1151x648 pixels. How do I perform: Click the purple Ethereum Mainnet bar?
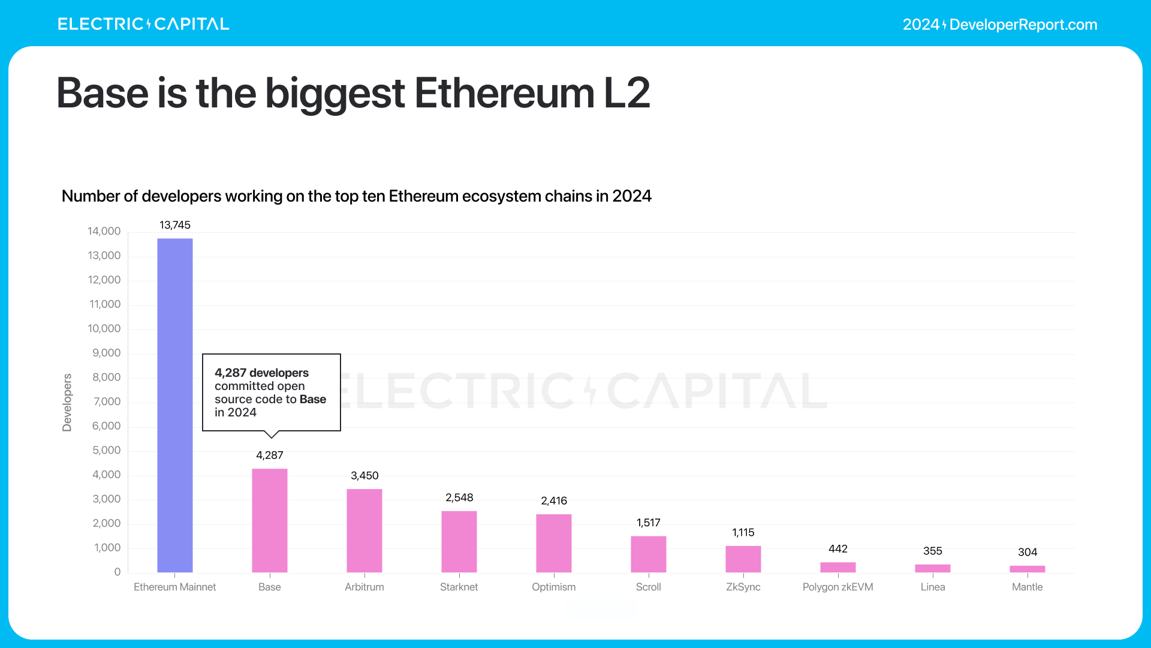(x=174, y=405)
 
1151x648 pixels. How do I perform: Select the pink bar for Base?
(x=269, y=520)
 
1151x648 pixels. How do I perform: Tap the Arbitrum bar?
(x=364, y=530)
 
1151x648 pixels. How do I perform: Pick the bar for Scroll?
(x=648, y=554)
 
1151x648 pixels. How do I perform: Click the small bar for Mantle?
(x=1027, y=569)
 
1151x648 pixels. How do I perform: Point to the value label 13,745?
(x=174, y=225)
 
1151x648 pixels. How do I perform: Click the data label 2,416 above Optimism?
(x=553, y=500)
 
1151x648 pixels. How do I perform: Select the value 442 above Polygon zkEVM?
(x=837, y=548)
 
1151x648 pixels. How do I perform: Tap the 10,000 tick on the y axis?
(x=104, y=328)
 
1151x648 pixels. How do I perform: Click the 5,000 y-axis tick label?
(x=106, y=450)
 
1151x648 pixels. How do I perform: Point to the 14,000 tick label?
(x=104, y=231)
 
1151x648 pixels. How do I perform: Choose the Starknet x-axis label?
(x=459, y=587)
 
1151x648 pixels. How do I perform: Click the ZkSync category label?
(x=743, y=587)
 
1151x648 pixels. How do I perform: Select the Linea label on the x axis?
(x=932, y=587)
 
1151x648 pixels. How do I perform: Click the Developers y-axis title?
(x=67, y=402)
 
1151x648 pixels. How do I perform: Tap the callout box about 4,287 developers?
(x=271, y=392)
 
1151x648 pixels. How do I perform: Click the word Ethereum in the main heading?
(x=504, y=93)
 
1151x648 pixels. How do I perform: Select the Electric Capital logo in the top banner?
(x=143, y=24)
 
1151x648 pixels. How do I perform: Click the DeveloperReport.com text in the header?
(x=1023, y=25)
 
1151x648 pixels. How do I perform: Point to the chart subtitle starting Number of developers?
(x=356, y=196)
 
